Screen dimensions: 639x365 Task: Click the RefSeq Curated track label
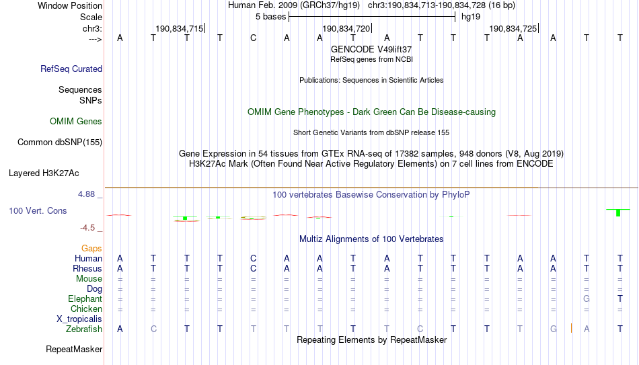tap(71, 69)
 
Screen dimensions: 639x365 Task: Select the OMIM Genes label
tap(76, 122)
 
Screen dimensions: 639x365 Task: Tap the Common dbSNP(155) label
tap(60, 143)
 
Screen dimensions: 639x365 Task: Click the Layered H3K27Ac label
tap(44, 173)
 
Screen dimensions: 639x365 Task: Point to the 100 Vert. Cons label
tap(38, 210)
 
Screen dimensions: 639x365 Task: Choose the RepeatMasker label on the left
tap(74, 349)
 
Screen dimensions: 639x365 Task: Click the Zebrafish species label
tap(84, 329)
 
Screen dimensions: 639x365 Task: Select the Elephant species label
tap(85, 299)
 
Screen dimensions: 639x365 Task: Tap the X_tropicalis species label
tap(79, 319)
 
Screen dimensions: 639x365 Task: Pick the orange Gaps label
tap(91, 249)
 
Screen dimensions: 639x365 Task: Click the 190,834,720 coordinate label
tap(346, 28)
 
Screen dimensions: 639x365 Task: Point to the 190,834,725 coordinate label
tap(513, 28)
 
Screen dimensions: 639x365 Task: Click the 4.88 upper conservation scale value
tap(86, 194)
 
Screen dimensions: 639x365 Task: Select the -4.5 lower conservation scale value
tap(87, 228)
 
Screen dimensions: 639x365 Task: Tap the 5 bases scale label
tap(270, 17)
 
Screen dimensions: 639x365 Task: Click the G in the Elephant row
tap(587, 298)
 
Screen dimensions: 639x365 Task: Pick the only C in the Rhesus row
tap(254, 268)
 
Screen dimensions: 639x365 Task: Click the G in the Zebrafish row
tap(554, 329)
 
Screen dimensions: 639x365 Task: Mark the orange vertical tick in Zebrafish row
tap(571, 328)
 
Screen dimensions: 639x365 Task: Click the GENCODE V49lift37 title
tap(371, 49)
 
